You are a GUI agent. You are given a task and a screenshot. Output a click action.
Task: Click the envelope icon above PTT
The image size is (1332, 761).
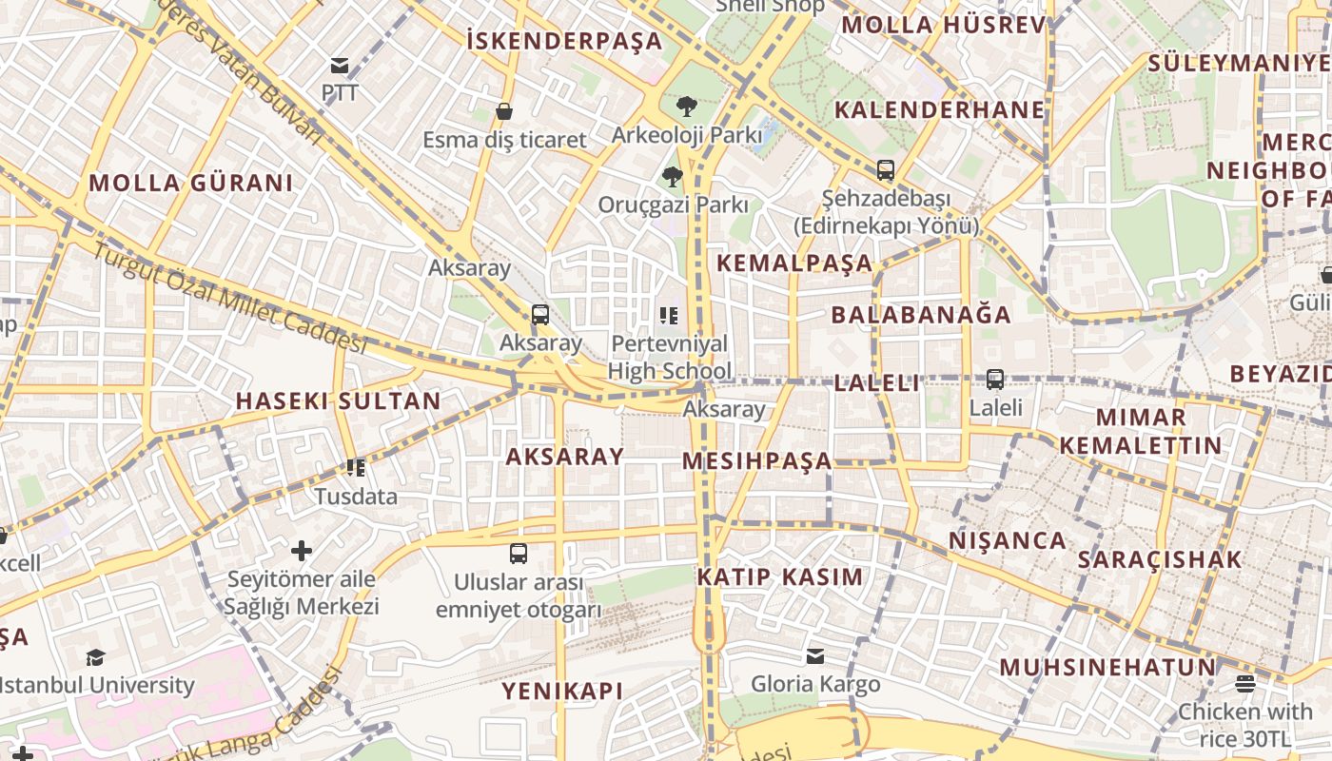[x=340, y=66]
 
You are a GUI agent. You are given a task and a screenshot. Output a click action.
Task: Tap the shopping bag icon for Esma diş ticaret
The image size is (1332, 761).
[x=504, y=111]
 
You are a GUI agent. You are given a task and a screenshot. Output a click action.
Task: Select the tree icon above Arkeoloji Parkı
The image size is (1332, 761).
[x=686, y=107]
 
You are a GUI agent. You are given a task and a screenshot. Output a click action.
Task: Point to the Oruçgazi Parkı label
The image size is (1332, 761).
[x=673, y=205]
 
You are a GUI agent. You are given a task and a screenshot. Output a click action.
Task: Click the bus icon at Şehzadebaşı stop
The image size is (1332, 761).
[x=886, y=171]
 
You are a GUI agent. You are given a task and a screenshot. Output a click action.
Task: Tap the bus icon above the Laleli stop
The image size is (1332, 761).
[x=995, y=380]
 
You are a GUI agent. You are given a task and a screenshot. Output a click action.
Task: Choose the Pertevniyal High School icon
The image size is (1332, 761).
[x=669, y=315]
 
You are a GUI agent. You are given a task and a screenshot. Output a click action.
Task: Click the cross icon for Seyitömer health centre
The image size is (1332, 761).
[x=302, y=551]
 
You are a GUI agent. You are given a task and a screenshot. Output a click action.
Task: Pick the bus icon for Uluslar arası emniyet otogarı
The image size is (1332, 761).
[x=519, y=554]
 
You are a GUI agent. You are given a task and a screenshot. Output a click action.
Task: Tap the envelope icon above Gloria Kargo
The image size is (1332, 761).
[x=815, y=656]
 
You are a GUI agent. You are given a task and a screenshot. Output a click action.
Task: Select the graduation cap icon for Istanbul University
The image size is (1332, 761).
[x=95, y=657]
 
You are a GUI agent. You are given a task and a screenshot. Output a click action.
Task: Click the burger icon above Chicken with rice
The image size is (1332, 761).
[x=1245, y=683]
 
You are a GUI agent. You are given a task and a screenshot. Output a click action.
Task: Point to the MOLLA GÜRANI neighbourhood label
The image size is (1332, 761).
[x=191, y=184]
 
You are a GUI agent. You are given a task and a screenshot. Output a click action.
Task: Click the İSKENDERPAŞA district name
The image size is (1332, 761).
[x=564, y=41]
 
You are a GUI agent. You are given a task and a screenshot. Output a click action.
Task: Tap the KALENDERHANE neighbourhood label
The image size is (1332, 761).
[x=940, y=110]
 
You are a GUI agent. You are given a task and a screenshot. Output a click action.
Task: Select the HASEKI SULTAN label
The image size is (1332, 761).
[x=339, y=400]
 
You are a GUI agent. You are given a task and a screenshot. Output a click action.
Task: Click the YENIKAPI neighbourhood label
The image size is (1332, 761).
[x=563, y=692]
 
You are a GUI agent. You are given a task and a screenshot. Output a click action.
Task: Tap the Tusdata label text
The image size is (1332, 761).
[x=356, y=497]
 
